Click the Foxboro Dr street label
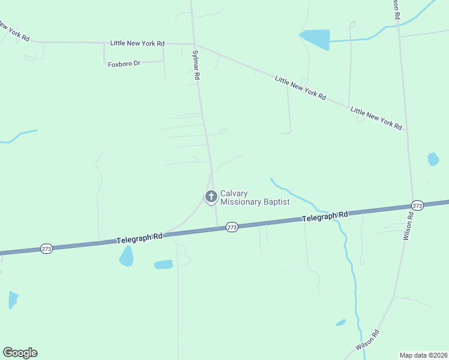[124, 64]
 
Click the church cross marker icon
[211, 196]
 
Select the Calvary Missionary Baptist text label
[255, 197]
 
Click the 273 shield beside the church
[232, 227]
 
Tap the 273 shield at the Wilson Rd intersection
[418, 206]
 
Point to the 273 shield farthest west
[46, 248]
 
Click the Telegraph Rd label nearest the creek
[325, 216]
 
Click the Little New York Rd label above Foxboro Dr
[137, 43]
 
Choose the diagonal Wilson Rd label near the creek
[367, 340]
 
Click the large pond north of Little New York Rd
[315, 38]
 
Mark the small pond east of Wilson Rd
[433, 159]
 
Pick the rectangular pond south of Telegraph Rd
[163, 264]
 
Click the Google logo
[20, 353]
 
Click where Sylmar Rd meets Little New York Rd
[194, 43]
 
